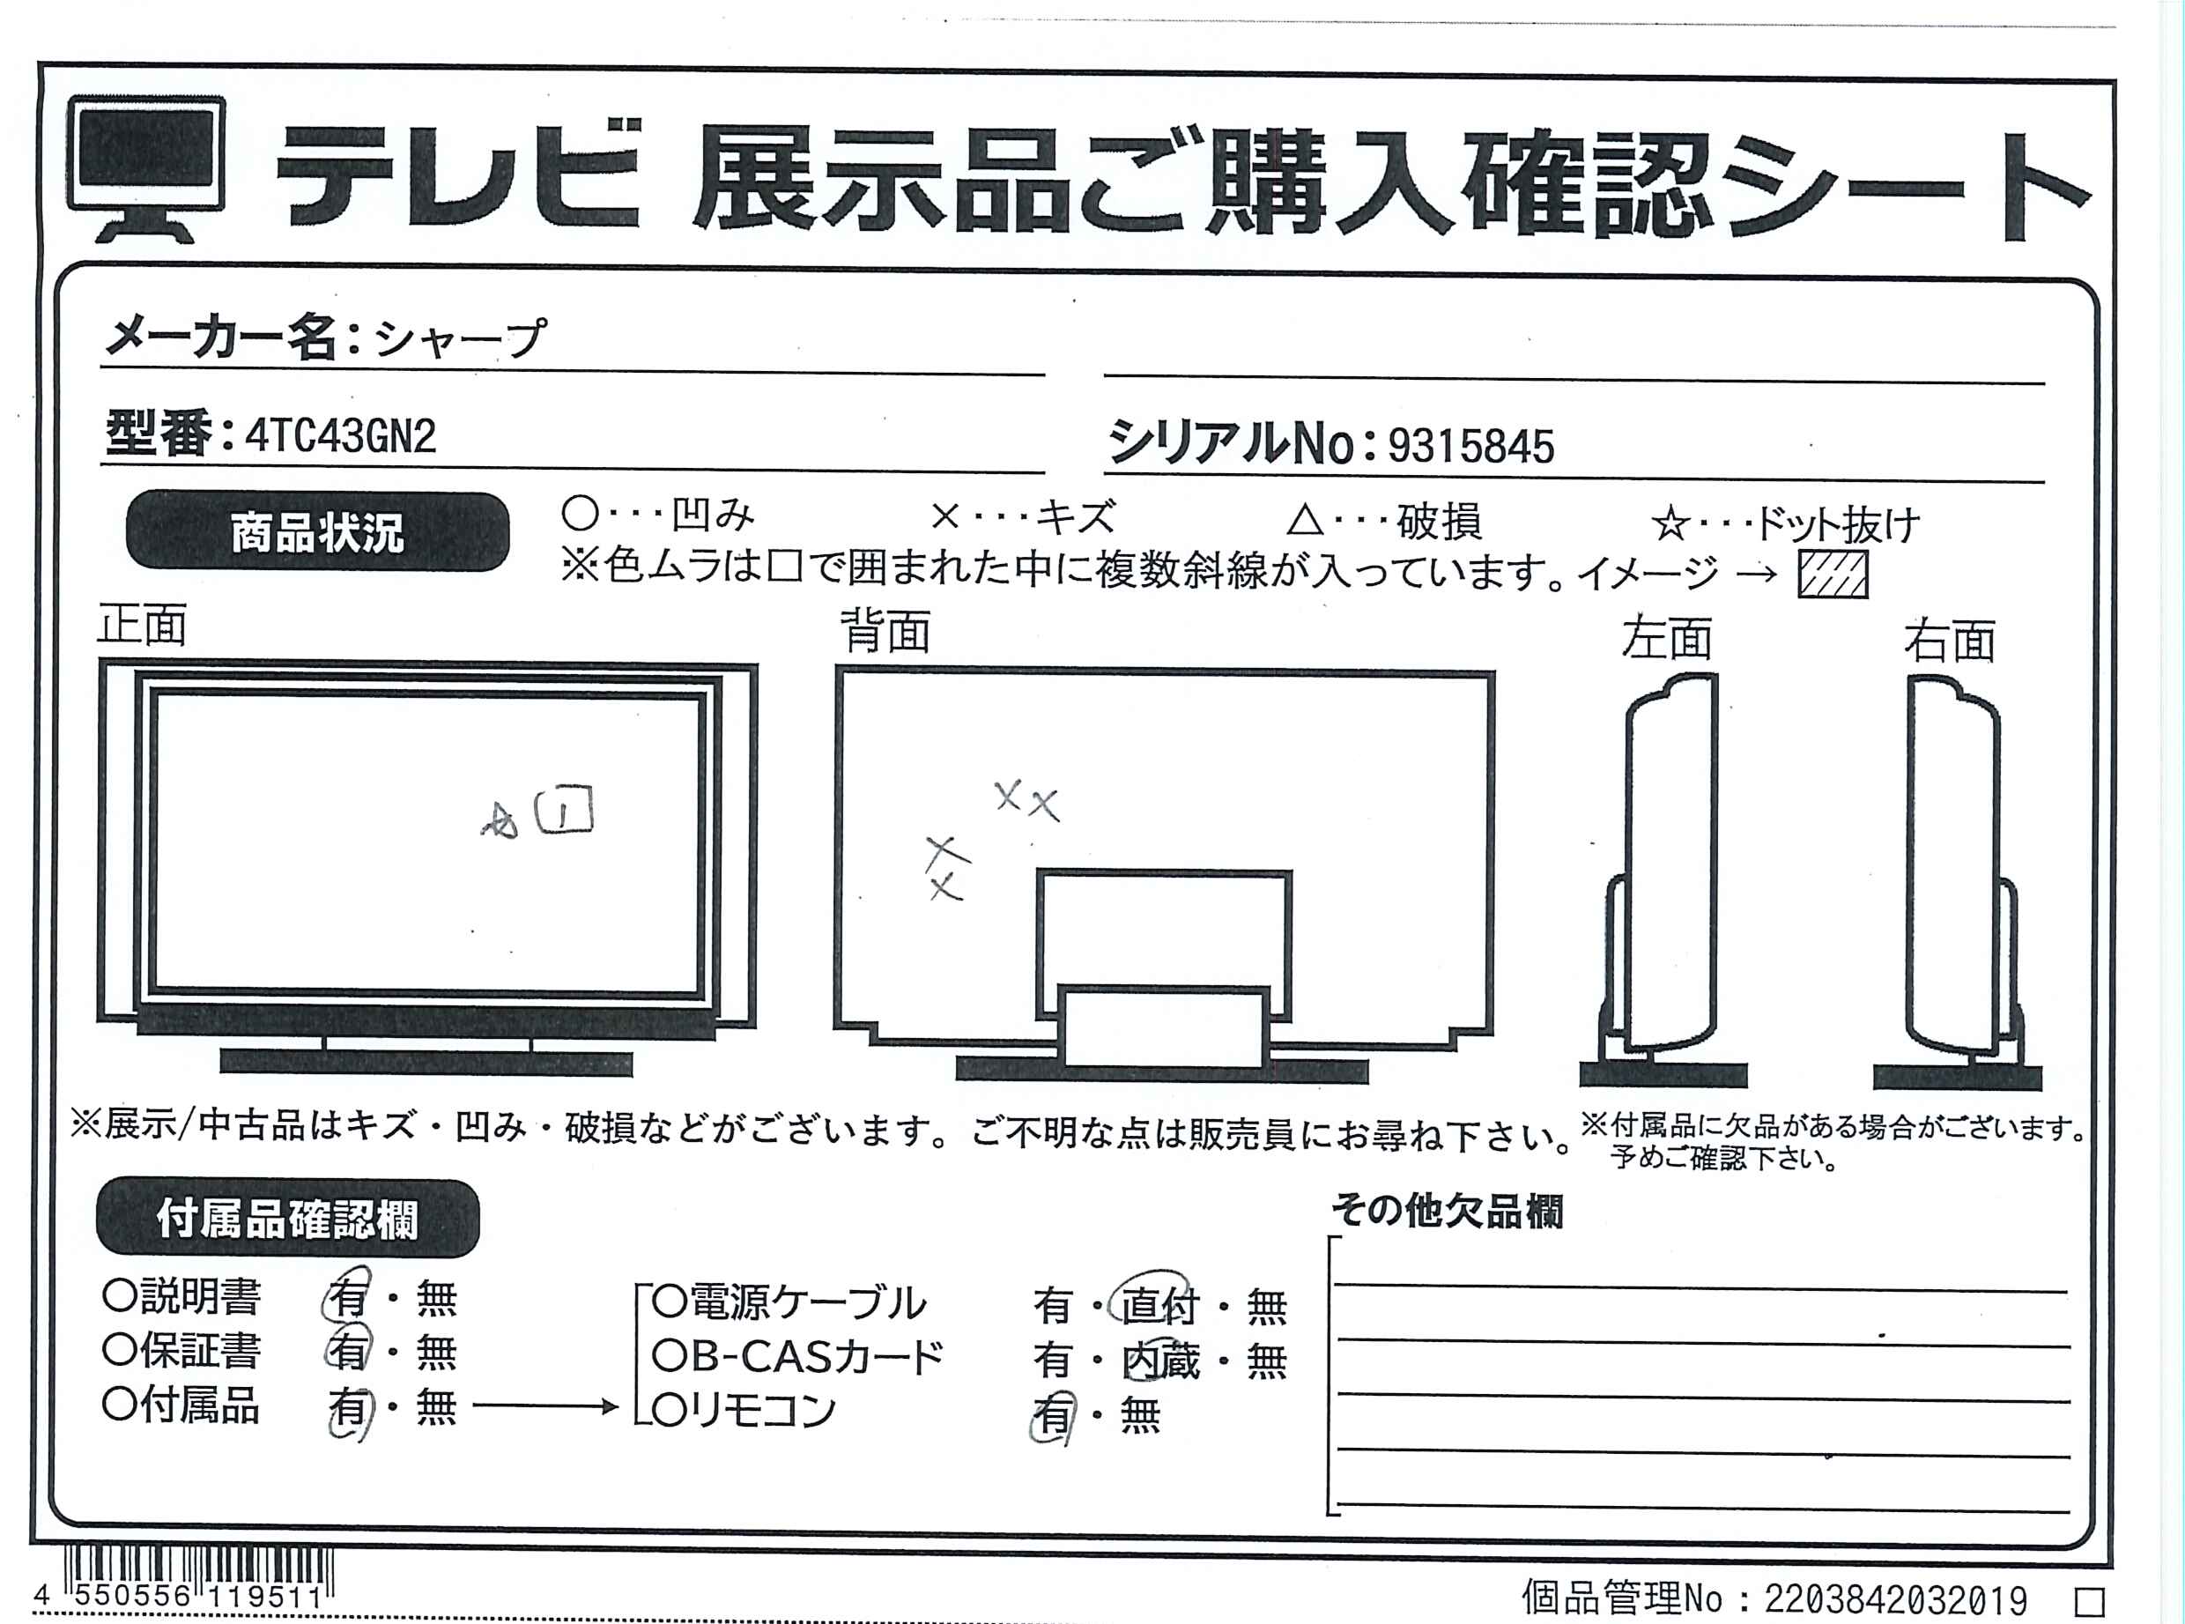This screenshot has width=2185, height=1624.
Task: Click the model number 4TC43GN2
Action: tap(340, 435)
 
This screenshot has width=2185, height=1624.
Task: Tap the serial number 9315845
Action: tap(1470, 446)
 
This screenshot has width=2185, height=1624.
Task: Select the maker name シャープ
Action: tap(460, 339)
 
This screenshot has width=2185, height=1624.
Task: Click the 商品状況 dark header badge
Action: tap(317, 532)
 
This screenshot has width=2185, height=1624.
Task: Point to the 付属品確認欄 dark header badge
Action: tap(287, 1218)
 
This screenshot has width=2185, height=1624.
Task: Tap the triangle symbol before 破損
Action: tap(1306, 519)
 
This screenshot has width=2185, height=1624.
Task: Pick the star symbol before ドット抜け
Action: tap(1670, 525)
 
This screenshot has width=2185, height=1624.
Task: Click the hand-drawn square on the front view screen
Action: tap(564, 810)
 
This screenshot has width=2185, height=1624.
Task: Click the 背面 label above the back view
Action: tap(885, 630)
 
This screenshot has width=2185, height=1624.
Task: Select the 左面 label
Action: tap(1666, 638)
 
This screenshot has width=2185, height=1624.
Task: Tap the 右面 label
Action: tap(1950, 641)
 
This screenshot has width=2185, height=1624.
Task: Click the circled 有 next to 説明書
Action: tap(348, 1296)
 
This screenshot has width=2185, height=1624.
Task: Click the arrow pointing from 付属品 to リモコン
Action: tap(545, 1406)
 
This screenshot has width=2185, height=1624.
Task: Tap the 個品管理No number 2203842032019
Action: tap(1895, 1599)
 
